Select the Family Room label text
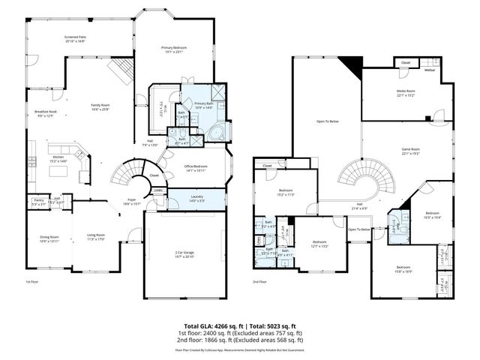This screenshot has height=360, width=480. click(x=100, y=107)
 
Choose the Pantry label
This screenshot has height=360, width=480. click(x=38, y=201)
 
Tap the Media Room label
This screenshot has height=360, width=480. click(x=406, y=91)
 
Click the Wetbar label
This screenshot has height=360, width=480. click(x=430, y=70)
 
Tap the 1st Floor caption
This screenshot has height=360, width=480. click(x=31, y=282)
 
